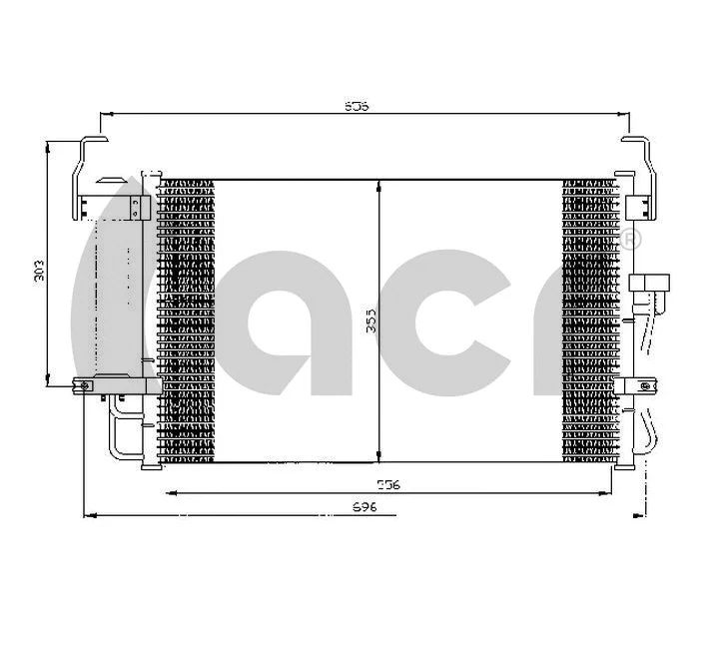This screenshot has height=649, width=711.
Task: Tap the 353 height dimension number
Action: [369, 321]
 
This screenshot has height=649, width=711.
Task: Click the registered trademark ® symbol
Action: [631, 240]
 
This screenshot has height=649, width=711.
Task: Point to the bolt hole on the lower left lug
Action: [86, 384]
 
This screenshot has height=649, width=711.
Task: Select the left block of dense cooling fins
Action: [187, 320]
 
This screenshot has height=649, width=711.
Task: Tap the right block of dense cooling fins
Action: [589, 320]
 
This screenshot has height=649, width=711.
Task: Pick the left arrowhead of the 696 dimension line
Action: [90, 516]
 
